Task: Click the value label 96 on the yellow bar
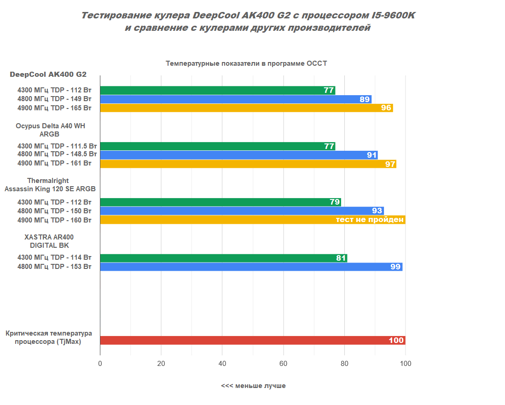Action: point(386,108)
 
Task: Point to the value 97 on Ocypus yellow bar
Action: point(390,164)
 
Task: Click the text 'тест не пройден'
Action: point(370,220)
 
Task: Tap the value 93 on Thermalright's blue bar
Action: point(377,211)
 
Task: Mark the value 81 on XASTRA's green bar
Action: point(341,258)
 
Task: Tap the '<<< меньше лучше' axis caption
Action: point(253,386)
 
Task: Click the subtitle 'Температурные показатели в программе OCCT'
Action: point(246,63)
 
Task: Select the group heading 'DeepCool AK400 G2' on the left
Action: point(48,74)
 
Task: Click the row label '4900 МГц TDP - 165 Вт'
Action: point(54,108)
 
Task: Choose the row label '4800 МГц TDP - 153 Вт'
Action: point(54,267)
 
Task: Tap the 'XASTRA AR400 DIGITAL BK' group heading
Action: point(49,241)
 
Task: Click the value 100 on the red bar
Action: point(396,341)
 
